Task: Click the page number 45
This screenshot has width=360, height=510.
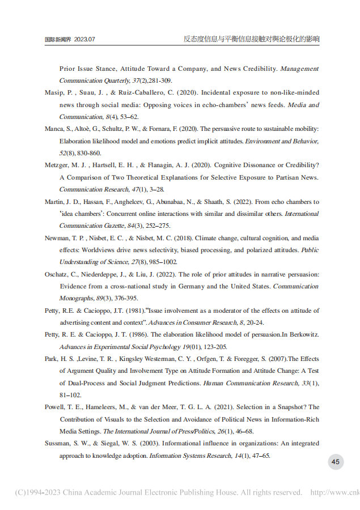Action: click(335, 462)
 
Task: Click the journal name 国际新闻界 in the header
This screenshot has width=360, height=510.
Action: click(58, 40)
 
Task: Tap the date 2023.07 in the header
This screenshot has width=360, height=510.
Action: click(84, 40)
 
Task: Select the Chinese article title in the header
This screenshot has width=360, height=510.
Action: click(251, 39)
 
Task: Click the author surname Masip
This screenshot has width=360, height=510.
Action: click(54, 92)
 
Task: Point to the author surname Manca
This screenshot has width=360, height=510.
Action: click(55, 129)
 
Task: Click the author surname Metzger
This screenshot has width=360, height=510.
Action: click(57, 165)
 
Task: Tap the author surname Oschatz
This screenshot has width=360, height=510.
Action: click(58, 274)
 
